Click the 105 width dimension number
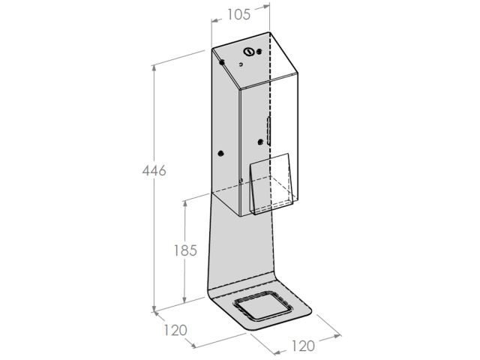pyautogui.click(x=238, y=14)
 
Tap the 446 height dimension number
pyautogui.click(x=154, y=170)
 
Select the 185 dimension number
pyautogui.click(x=185, y=250)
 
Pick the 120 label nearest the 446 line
pyautogui.click(x=175, y=330)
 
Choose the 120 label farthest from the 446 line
pyautogui.click(x=303, y=346)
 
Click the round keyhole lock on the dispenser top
pyautogui.click(x=248, y=52)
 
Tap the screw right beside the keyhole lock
pyautogui.click(x=259, y=52)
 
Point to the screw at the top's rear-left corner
pyautogui.click(x=222, y=62)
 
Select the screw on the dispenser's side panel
pyautogui.click(x=220, y=154)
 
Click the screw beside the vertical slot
pyautogui.click(x=260, y=142)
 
